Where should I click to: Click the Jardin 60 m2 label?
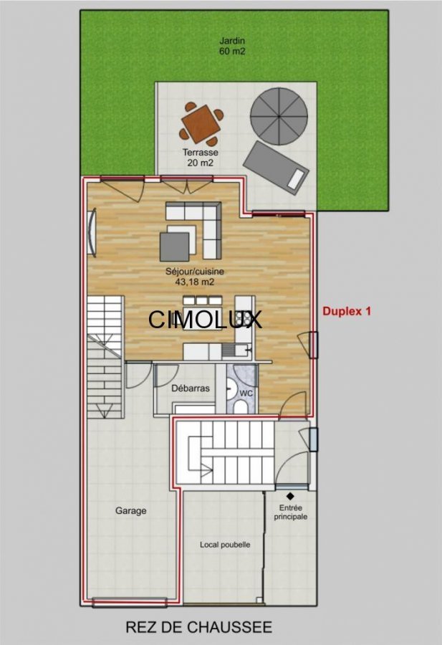[x=232, y=46]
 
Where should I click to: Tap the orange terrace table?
[x=201, y=124]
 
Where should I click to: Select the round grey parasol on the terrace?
[x=279, y=116]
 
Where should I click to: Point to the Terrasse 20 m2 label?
[x=201, y=158]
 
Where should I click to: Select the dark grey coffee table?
[x=175, y=247]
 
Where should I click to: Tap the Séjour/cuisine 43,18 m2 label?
[x=195, y=277]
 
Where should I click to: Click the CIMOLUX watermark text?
[x=205, y=319]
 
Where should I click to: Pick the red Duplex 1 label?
[x=347, y=311]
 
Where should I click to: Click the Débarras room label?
[x=191, y=388]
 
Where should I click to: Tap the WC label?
[x=246, y=393]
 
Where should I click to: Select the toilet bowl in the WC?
[x=241, y=408]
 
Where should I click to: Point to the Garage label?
[x=131, y=511]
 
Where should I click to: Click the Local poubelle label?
[x=225, y=545]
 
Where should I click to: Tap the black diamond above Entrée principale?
[x=290, y=496]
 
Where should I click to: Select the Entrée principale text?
[x=291, y=512]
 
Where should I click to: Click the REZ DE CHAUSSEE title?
[x=198, y=627]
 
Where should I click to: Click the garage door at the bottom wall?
[x=130, y=603]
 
